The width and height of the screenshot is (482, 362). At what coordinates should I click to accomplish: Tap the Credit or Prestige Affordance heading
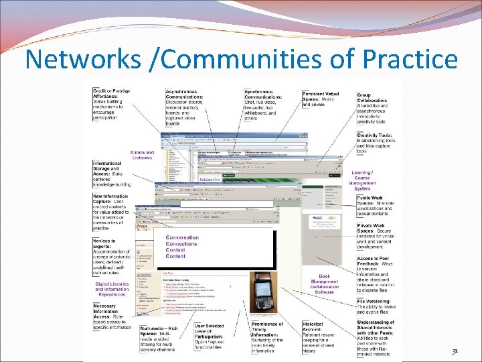(111, 94)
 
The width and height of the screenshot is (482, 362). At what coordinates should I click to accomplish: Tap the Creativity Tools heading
(374, 135)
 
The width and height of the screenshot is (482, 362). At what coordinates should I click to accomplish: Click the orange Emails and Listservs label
(142, 155)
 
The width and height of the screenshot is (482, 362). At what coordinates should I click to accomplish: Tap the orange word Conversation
(182, 238)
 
